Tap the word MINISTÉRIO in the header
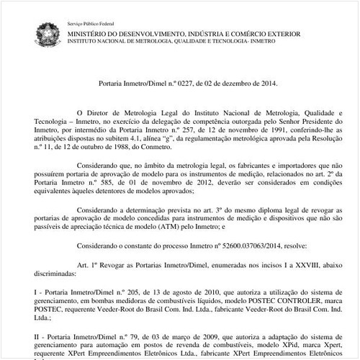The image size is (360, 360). [x=89, y=34]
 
